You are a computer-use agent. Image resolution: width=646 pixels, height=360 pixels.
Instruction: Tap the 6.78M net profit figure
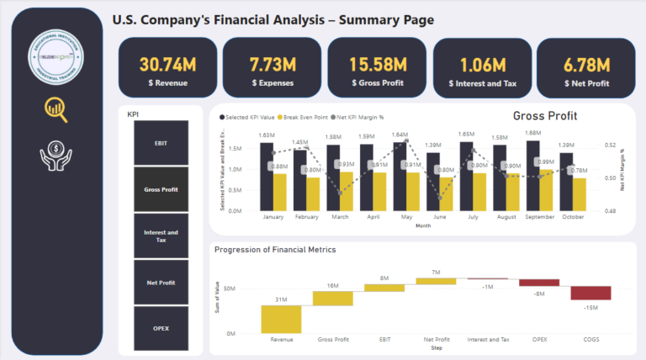(587, 65)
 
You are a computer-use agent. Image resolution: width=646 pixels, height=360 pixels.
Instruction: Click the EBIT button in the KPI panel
(161, 143)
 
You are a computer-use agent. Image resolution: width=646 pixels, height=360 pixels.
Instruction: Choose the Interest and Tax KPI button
(161, 236)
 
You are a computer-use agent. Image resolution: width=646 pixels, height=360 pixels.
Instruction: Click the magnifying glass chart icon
(56, 109)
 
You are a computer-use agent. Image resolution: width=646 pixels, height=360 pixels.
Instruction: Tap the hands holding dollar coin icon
(56, 160)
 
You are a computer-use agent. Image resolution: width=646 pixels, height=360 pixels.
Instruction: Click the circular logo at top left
(56, 56)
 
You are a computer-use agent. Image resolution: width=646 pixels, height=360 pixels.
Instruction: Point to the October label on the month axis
(573, 216)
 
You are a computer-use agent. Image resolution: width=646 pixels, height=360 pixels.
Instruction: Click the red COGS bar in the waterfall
(590, 293)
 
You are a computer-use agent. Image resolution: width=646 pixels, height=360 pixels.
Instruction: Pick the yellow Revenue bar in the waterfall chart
(281, 319)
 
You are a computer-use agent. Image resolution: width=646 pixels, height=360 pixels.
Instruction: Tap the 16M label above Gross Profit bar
(333, 285)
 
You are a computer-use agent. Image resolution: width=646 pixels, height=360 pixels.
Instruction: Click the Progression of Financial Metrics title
(274, 249)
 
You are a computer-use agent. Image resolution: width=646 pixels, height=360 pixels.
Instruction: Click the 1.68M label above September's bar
(532, 133)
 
